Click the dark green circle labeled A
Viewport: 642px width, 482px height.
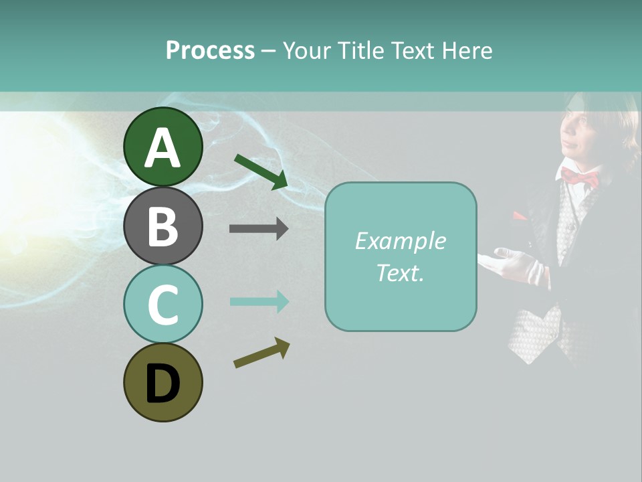[x=163, y=147]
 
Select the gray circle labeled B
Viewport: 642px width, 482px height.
[x=163, y=226]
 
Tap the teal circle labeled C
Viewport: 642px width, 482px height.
[x=163, y=304]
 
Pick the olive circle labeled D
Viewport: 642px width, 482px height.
[x=163, y=382]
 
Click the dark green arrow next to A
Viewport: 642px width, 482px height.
[x=261, y=171]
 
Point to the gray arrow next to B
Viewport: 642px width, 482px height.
[x=259, y=229]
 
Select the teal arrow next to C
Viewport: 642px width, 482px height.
[x=259, y=302]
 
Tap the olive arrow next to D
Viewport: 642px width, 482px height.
[x=261, y=353]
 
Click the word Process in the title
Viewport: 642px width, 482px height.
[x=210, y=50]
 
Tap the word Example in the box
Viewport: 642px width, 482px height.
[x=400, y=241]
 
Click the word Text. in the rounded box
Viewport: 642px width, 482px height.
[x=400, y=272]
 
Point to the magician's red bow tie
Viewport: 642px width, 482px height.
[x=580, y=177]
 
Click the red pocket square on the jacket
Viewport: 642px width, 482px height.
[x=520, y=216]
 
